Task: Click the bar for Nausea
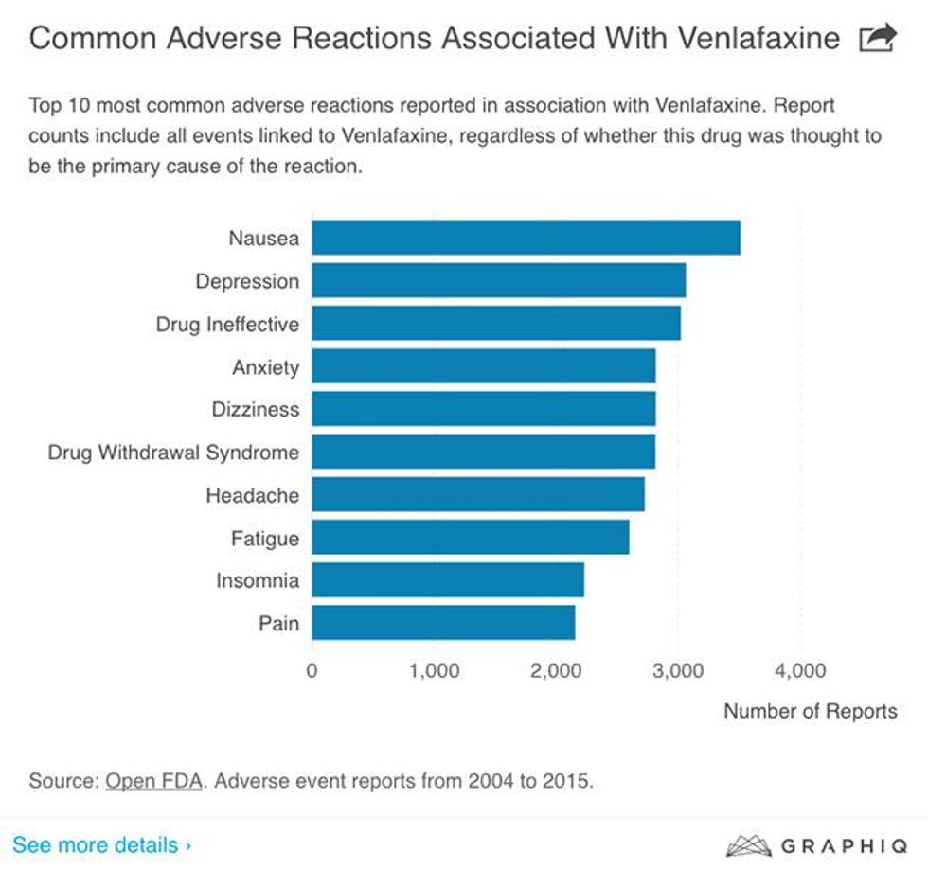click(526, 237)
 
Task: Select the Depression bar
click(498, 280)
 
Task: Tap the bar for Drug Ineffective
click(495, 323)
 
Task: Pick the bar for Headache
click(478, 494)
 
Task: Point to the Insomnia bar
click(448, 580)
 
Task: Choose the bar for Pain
click(443, 623)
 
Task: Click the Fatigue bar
click(471, 538)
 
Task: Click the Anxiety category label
click(265, 367)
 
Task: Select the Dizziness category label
click(256, 410)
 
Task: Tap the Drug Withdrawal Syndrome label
click(173, 453)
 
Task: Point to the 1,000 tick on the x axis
click(435, 671)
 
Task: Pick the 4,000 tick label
click(800, 671)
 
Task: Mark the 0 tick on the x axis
click(312, 671)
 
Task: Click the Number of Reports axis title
click(810, 711)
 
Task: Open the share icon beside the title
click(876, 39)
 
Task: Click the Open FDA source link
click(152, 782)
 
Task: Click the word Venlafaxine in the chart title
click(744, 39)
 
